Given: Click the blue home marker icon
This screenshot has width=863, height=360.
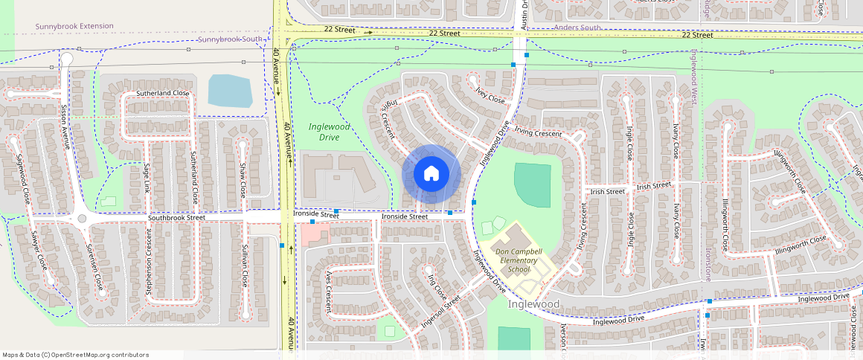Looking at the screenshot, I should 431,174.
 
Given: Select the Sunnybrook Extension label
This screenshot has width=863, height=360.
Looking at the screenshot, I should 74,26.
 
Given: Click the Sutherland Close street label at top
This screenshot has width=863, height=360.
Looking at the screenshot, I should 163,93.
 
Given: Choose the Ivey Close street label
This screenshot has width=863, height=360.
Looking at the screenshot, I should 490,94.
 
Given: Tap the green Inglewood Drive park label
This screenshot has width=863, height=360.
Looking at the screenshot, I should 329,132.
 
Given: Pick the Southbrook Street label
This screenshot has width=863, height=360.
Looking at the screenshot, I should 176,218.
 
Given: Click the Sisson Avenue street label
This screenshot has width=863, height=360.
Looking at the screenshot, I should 65,126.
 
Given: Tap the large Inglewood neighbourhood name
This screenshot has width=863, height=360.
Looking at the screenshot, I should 533,304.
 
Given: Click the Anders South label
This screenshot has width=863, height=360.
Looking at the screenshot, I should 578,28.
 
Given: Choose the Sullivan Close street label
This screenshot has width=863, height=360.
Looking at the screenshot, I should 244,265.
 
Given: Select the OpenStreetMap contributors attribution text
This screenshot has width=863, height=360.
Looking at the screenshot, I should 75,355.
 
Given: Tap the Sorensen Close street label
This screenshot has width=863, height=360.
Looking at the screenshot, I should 94,266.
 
